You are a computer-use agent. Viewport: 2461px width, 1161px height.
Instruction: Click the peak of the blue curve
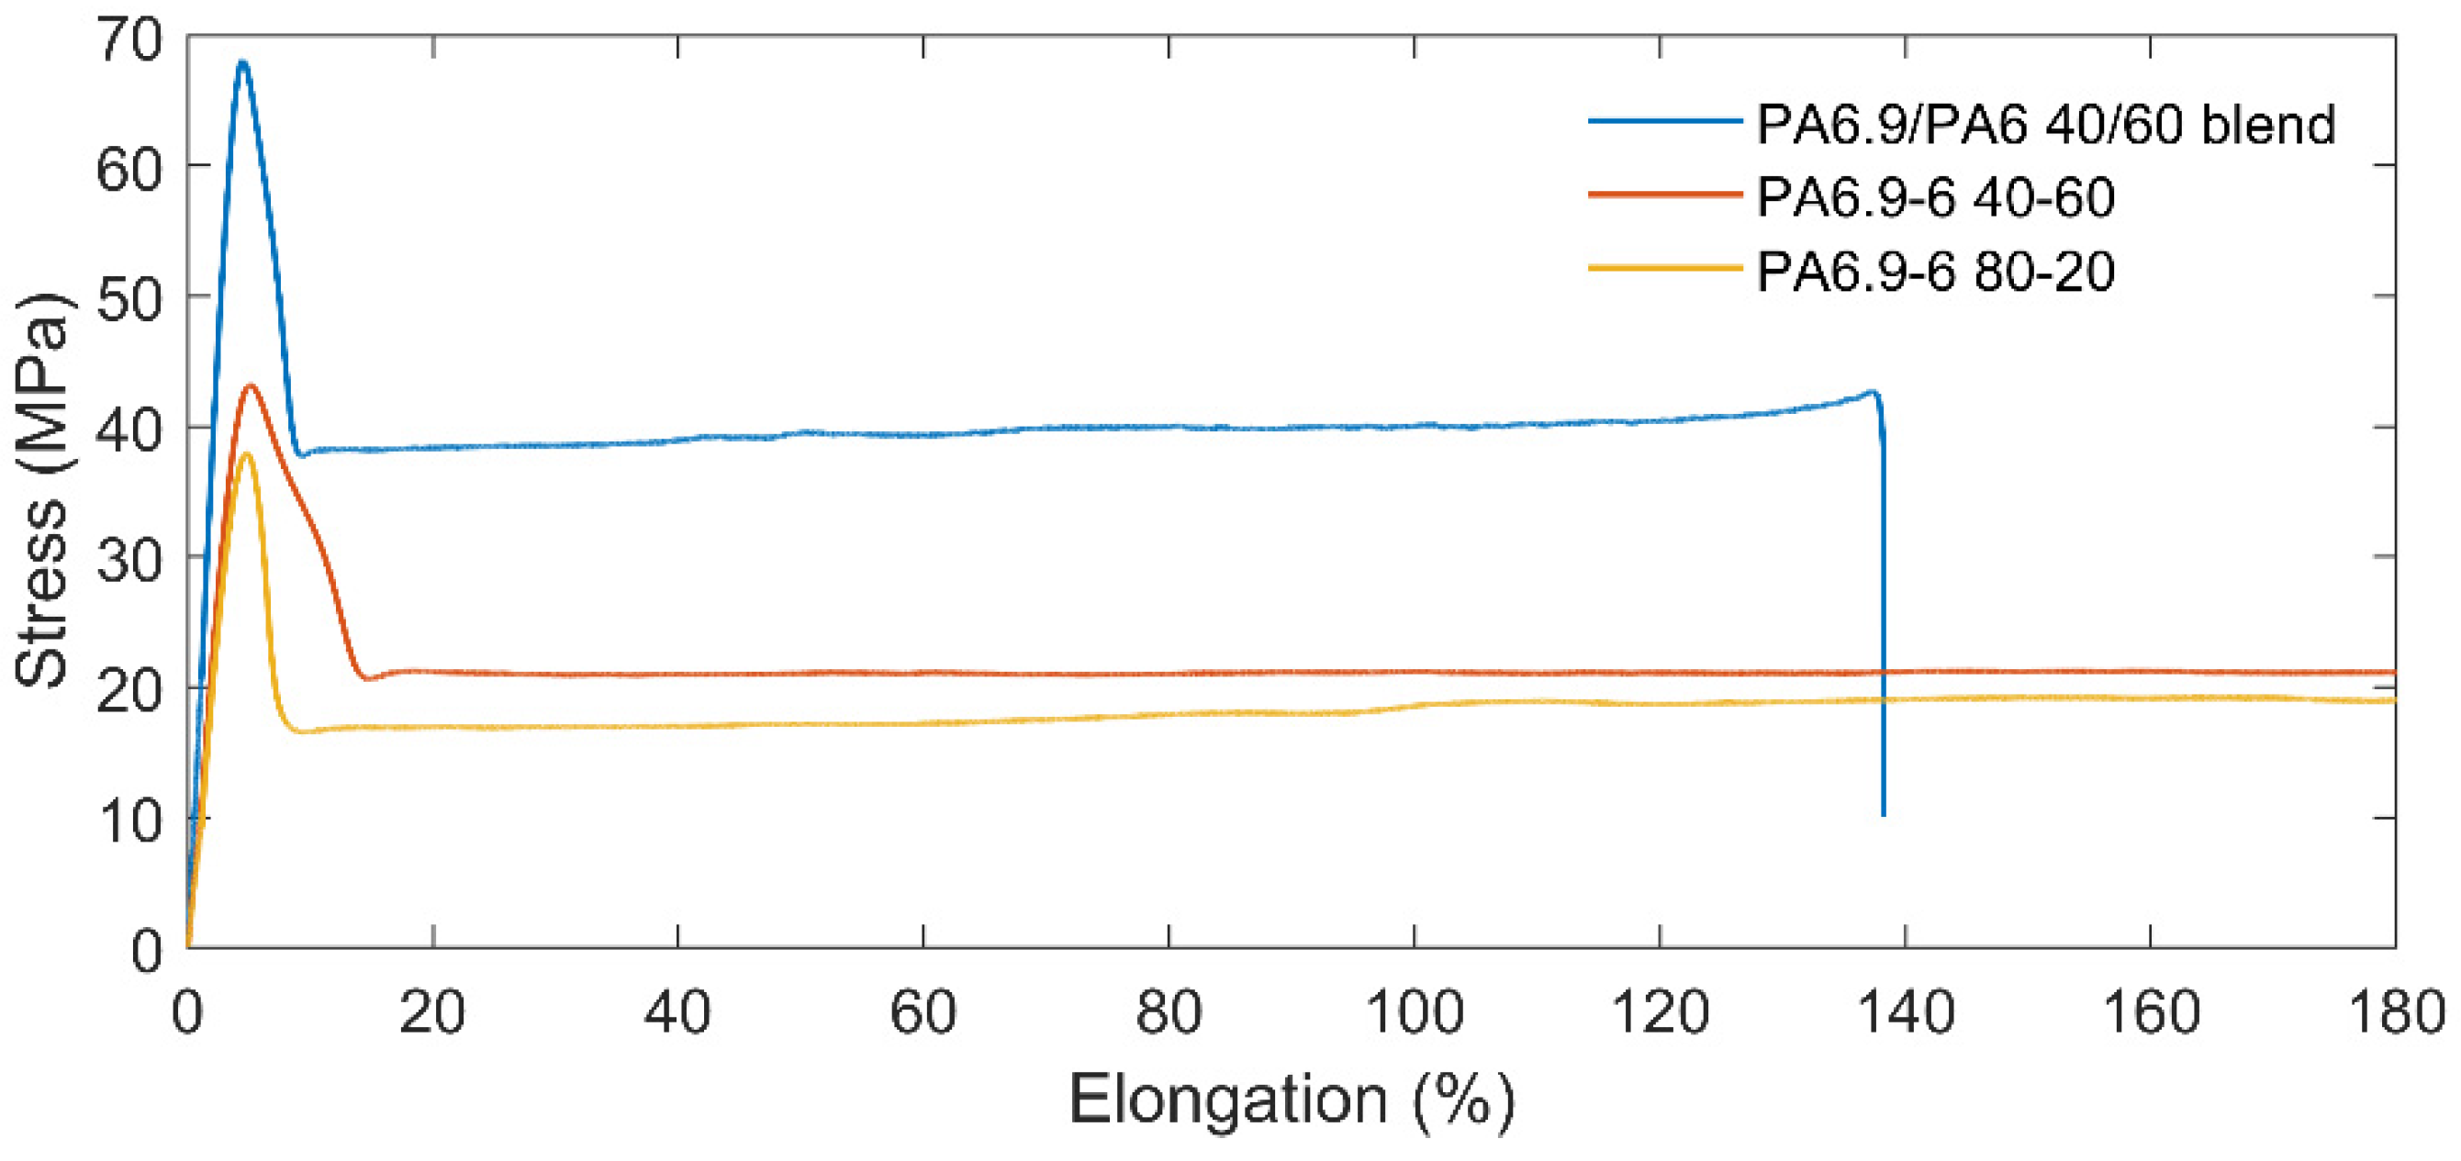click(x=242, y=63)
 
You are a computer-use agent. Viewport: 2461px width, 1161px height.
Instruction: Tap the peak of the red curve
click(x=251, y=386)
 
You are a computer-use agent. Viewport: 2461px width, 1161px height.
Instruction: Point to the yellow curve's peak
click(x=247, y=453)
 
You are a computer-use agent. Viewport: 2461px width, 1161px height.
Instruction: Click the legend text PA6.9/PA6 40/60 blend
click(x=2044, y=124)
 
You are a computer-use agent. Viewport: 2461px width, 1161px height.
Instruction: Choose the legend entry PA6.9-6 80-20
click(x=1936, y=272)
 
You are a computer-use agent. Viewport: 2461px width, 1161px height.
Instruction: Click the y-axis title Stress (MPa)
click(x=42, y=489)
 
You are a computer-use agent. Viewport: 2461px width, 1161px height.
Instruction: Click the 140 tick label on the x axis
click(x=1905, y=1013)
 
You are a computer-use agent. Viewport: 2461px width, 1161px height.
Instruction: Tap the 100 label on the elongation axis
click(x=1414, y=1013)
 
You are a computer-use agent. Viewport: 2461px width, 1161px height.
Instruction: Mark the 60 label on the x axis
click(x=923, y=1013)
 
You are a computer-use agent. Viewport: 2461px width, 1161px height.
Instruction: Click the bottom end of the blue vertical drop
click(x=1883, y=814)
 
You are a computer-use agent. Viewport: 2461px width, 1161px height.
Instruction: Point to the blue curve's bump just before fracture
click(x=1871, y=392)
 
